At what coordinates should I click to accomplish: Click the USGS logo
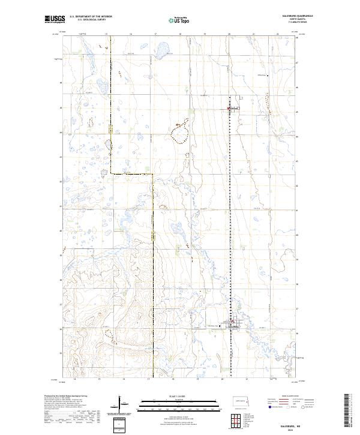[x=55, y=19]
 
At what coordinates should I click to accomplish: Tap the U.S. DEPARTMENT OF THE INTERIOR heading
[x=91, y=17]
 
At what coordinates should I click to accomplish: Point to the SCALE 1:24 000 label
[x=170, y=396]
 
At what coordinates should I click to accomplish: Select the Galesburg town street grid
[x=235, y=326]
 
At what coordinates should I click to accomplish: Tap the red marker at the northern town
[x=230, y=109]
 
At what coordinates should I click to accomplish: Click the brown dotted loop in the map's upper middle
[x=180, y=133]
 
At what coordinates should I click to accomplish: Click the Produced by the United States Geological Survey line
[x=64, y=397]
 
